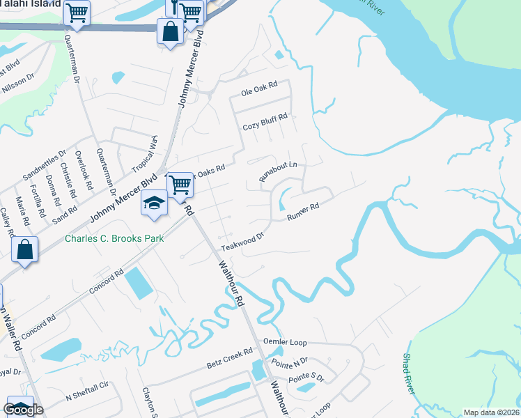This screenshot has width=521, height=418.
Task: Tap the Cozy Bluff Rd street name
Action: pos(265,127)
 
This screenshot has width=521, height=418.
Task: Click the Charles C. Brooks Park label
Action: pos(114,238)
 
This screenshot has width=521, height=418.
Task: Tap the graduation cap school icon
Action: pos(154,203)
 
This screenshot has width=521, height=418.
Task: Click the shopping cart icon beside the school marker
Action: pos(180,185)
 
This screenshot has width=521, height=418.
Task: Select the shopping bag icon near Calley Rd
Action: pos(24,250)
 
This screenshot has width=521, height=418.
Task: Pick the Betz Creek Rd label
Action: pos(228,359)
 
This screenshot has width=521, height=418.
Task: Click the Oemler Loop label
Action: pos(285,342)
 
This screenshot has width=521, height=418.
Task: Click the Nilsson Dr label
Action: pos(19,84)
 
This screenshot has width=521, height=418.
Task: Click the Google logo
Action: pos(24,410)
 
